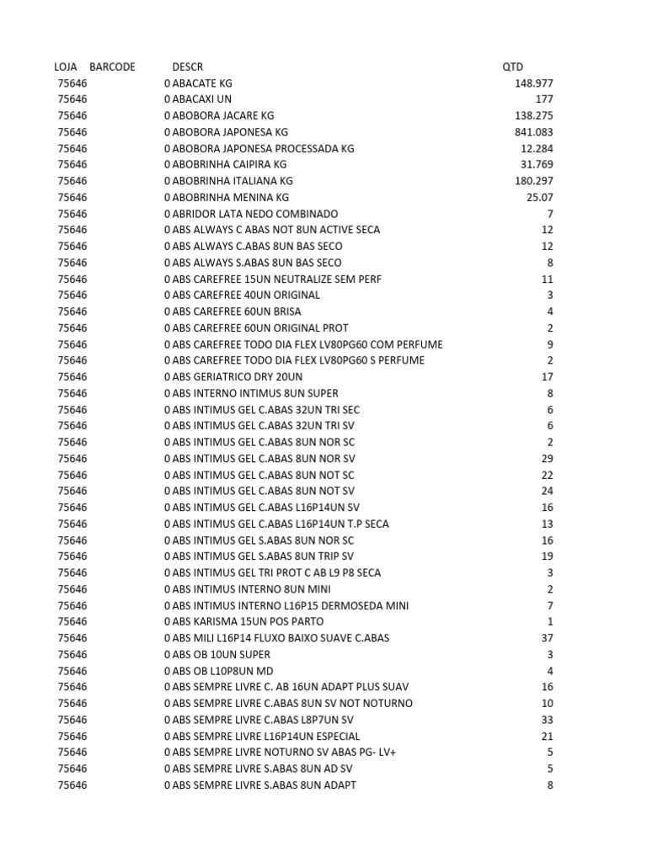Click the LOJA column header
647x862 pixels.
coord(66,67)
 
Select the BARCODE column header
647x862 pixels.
coord(112,67)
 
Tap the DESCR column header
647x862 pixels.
coord(187,67)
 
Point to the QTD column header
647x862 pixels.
coord(512,67)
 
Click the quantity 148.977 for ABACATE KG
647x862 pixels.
coord(534,83)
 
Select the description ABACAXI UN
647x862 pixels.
coord(197,99)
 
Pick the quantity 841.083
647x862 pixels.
coord(534,132)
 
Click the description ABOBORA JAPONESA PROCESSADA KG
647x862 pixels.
coord(259,148)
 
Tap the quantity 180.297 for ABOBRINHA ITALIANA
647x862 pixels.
coord(534,181)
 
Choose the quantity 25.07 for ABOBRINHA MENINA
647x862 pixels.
coord(537,197)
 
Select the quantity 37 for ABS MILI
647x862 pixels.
coord(547,638)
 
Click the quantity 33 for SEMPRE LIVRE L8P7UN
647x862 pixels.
coord(547,720)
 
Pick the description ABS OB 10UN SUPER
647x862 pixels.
coord(217,654)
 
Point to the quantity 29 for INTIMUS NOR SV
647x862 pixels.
coord(547,459)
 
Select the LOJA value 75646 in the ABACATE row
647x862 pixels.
coord(72,83)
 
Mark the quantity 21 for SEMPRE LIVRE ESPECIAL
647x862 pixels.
coord(547,736)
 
